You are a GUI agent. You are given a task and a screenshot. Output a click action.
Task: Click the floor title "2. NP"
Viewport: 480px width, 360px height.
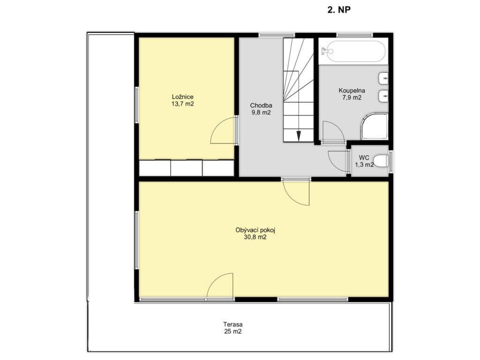[339, 10]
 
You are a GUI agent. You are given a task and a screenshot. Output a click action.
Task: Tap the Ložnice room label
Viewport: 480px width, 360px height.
[182, 97]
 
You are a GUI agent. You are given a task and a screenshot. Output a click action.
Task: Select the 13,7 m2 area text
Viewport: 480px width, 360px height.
[183, 104]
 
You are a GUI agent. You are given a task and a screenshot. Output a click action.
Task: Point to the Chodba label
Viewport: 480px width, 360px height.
[261, 105]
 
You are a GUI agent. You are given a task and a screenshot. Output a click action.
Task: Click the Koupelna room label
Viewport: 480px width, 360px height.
[352, 90]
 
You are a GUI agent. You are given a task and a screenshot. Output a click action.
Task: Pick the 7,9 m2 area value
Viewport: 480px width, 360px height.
[352, 97]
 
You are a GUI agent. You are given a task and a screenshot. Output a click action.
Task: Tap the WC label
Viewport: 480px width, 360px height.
[364, 157]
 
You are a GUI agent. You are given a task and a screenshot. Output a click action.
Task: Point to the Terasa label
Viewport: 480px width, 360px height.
[233, 324]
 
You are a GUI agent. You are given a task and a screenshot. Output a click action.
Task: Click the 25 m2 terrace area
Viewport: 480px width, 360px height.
[233, 331]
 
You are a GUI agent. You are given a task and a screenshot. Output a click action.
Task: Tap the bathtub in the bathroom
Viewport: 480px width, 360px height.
[353, 51]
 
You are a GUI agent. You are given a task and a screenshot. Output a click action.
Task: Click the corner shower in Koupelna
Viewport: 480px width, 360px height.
[375, 127]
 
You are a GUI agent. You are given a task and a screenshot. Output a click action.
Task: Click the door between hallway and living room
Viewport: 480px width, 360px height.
[296, 192]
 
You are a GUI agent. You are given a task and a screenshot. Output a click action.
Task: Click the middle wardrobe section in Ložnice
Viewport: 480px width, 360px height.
[187, 168]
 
